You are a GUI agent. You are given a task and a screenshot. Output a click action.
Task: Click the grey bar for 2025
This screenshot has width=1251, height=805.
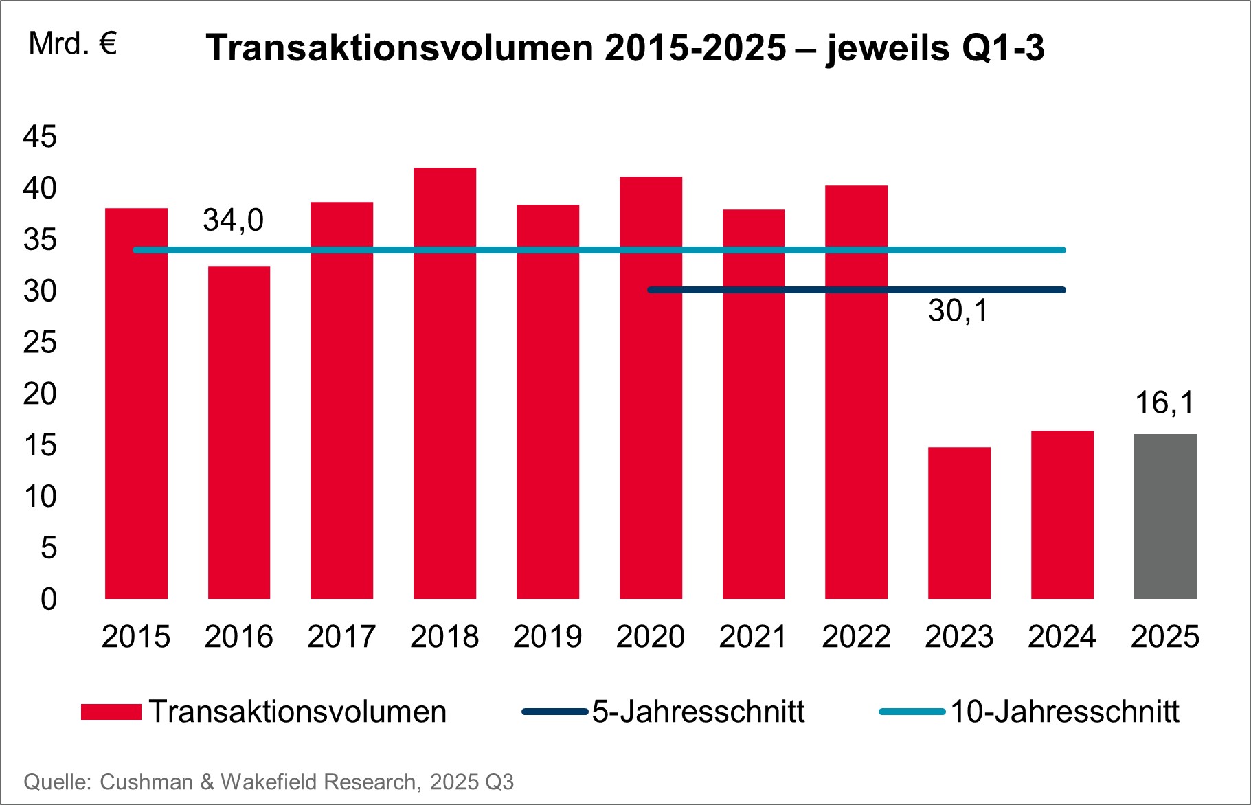coord(1165,517)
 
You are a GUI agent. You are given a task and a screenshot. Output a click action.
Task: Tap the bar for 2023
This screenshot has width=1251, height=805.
coord(959,523)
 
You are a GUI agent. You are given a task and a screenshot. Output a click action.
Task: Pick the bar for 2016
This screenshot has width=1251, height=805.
coord(238,433)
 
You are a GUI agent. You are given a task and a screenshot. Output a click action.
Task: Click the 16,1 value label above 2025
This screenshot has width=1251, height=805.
coord(1165,402)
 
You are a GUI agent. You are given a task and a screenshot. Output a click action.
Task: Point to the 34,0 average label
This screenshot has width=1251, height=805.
coord(233,220)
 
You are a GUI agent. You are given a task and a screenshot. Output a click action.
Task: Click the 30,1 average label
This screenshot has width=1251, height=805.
coord(958,311)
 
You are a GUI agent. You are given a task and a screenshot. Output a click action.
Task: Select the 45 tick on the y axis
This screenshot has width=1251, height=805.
coord(40,137)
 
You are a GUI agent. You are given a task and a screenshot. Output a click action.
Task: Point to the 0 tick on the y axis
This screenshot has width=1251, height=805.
coord(48,600)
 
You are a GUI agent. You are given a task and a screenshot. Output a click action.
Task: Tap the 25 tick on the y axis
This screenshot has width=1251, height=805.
coord(40,343)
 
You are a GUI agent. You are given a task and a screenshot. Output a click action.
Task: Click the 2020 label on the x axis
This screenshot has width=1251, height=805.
coord(650,637)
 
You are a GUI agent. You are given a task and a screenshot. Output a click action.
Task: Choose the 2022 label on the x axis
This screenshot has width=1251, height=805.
coord(856,637)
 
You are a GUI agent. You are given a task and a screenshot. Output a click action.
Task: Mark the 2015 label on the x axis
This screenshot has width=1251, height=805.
coord(135,637)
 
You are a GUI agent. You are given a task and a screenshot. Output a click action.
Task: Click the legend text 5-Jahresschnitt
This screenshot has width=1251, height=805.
coord(698,712)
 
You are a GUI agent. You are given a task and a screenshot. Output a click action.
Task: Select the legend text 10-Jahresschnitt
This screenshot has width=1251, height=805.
coord(1064,712)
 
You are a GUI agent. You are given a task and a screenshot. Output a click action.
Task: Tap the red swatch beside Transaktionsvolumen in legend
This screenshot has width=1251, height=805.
coord(111,712)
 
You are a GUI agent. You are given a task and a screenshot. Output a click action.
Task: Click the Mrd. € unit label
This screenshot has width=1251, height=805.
coord(73,45)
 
